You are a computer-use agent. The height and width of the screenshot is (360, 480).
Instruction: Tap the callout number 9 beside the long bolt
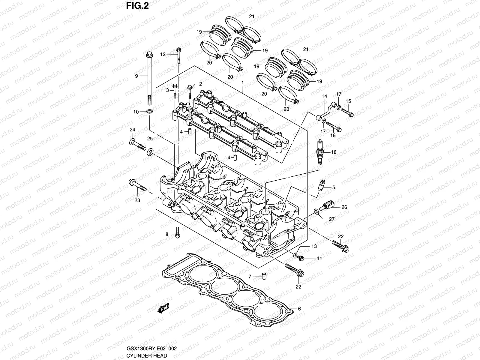click(x=136, y=76)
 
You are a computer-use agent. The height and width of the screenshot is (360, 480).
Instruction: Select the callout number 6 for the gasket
click(x=299, y=309)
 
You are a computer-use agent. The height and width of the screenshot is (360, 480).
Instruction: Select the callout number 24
click(x=132, y=130)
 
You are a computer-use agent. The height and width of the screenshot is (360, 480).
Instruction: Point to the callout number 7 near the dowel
click(x=250, y=276)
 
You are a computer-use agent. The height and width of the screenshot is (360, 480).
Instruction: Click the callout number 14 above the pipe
click(x=324, y=96)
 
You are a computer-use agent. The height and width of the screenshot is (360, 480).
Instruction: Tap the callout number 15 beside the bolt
click(x=348, y=101)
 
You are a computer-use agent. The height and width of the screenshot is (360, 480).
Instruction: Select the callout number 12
click(x=171, y=54)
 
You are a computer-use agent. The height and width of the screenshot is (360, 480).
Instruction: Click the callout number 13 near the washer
click(x=314, y=246)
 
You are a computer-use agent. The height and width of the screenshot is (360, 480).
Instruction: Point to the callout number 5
click(x=334, y=187)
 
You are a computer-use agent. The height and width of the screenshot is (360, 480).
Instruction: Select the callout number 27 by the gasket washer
click(x=331, y=219)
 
